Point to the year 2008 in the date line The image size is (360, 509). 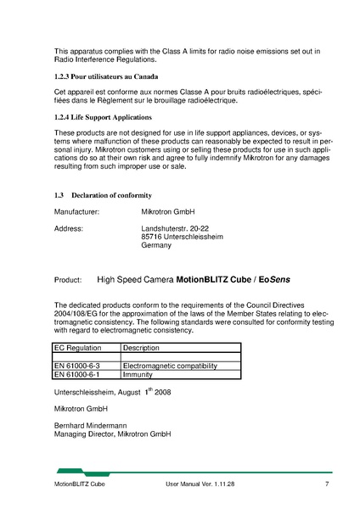(162, 392)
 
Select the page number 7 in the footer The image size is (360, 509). (326, 484)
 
